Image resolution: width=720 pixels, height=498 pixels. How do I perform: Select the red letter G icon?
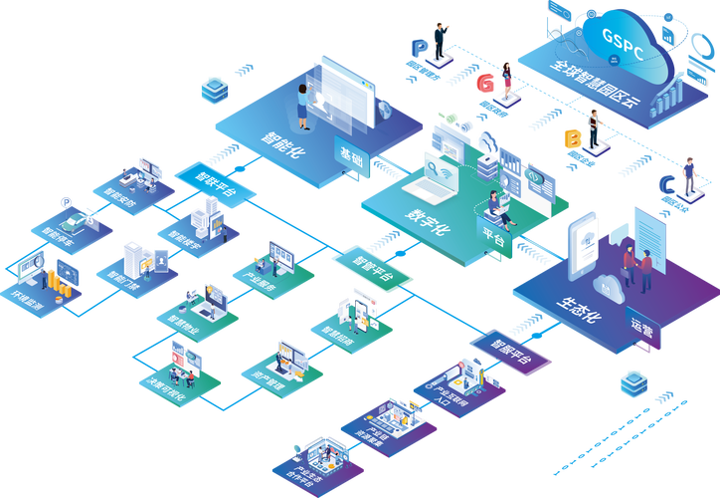484,83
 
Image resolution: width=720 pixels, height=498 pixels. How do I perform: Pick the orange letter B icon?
572,137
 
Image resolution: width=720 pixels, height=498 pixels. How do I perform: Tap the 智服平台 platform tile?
511,348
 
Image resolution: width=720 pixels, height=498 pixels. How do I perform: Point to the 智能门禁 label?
124,284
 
